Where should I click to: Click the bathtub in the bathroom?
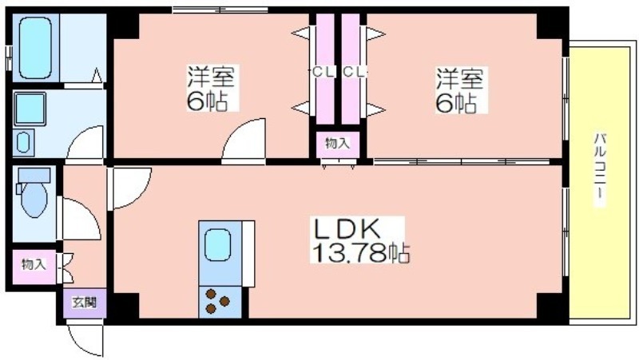click(x=35, y=48)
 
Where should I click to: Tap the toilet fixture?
click(x=34, y=192)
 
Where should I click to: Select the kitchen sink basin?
click(x=217, y=244)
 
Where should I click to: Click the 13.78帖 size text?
click(x=360, y=253)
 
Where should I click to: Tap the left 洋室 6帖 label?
click(x=210, y=88)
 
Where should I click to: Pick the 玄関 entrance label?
click(x=85, y=303)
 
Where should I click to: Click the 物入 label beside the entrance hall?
click(x=34, y=264)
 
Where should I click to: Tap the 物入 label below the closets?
click(x=337, y=143)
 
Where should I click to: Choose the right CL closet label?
click(x=353, y=73)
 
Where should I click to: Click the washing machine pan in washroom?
click(x=30, y=109)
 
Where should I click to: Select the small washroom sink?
click(x=23, y=143)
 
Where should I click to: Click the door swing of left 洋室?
click(x=244, y=141)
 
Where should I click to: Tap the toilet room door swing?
click(x=80, y=219)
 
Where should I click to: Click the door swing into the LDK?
click(x=130, y=188)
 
